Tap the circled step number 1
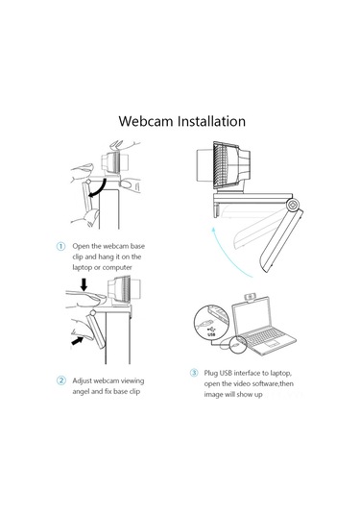point(60,247)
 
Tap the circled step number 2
point(60,379)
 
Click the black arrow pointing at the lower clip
point(77,339)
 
